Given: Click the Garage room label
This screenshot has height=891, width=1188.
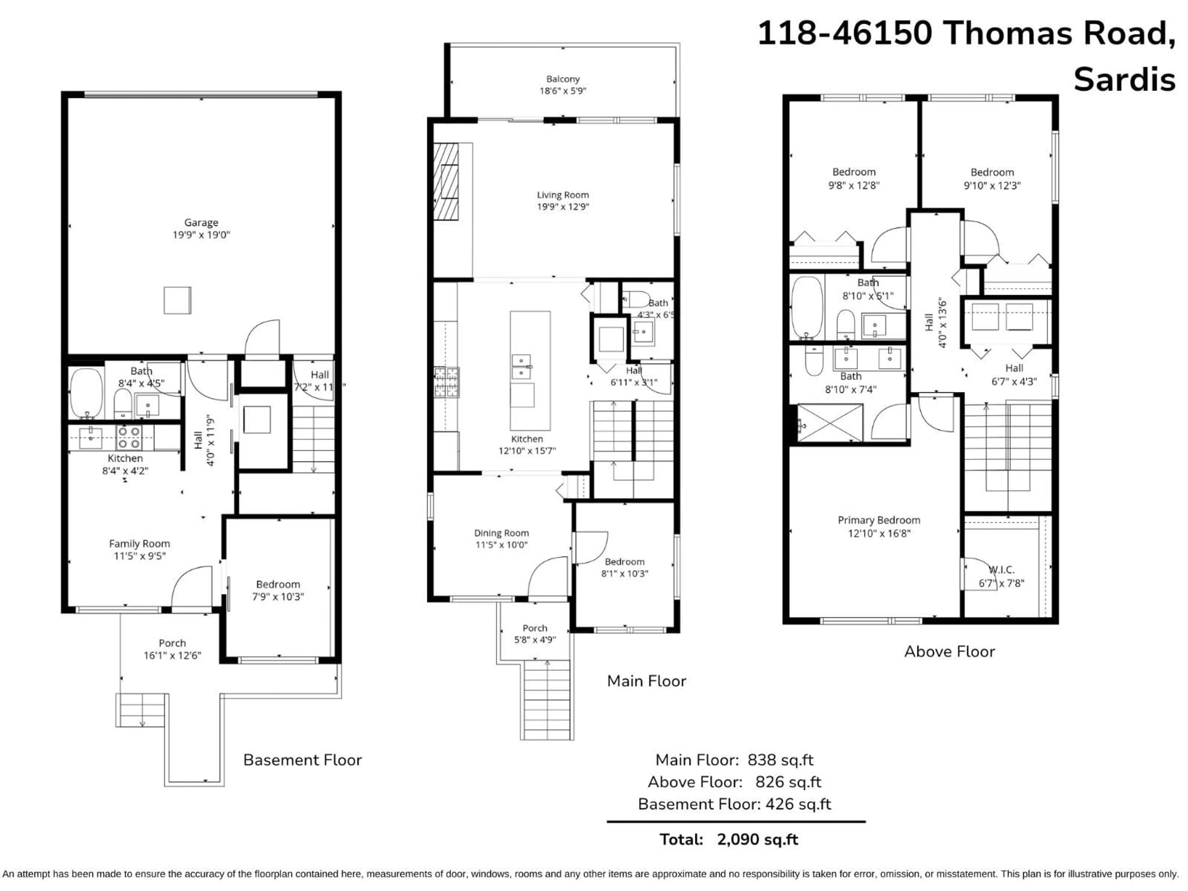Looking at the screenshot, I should [x=201, y=222].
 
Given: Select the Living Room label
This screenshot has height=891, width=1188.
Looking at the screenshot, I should [x=562, y=195].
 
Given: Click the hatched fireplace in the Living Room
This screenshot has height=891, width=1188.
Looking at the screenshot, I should [x=446, y=182].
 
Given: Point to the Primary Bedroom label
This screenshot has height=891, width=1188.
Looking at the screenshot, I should [x=879, y=520].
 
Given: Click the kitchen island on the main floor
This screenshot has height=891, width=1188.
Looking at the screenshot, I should [x=530, y=371].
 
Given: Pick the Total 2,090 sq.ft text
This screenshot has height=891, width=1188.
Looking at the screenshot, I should [x=729, y=839].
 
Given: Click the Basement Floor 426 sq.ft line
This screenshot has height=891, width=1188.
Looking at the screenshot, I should [x=734, y=804].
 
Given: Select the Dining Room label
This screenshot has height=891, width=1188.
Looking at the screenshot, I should [x=501, y=533].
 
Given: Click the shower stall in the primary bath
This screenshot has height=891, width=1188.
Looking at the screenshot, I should [x=830, y=423].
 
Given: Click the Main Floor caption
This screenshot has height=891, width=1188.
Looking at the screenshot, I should [x=646, y=681].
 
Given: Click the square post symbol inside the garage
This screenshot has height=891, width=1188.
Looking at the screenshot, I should [x=177, y=300].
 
